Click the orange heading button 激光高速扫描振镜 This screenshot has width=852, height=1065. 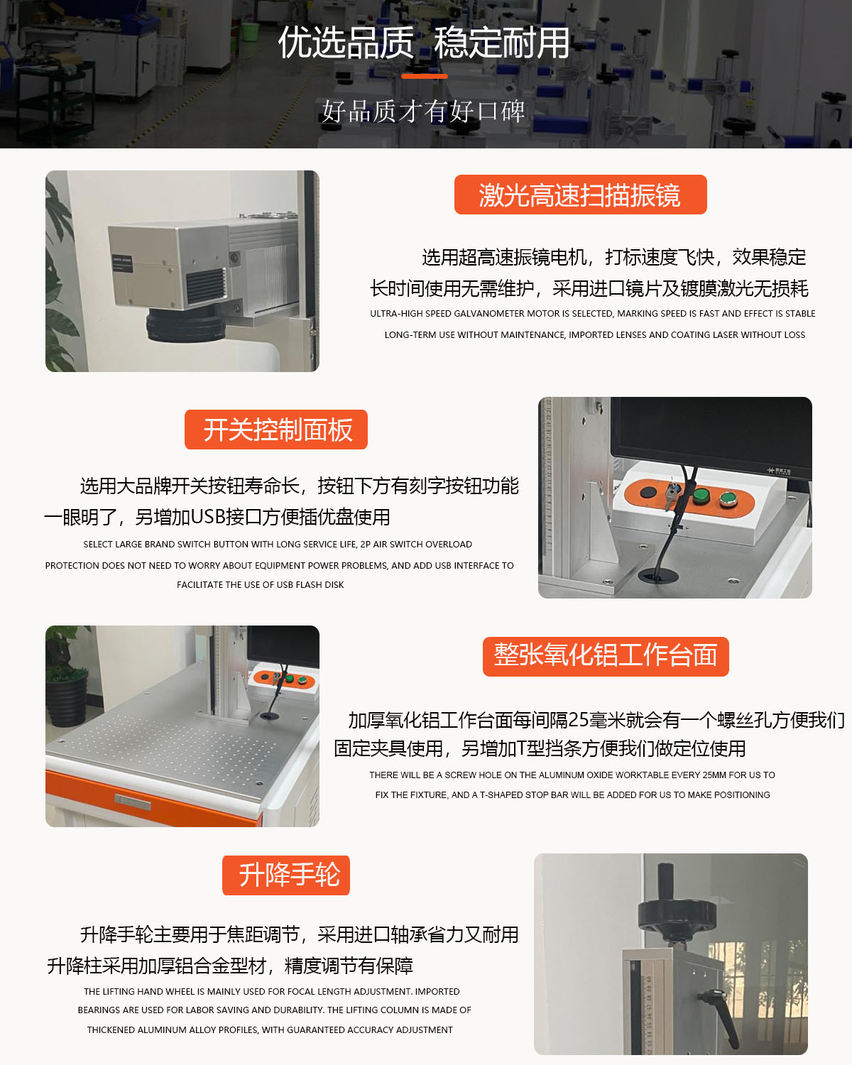(580, 195)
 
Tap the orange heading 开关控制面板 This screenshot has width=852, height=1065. (275, 430)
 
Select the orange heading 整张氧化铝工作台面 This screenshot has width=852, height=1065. (606, 656)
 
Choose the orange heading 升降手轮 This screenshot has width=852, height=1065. (285, 875)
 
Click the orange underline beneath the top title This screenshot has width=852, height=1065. (425, 76)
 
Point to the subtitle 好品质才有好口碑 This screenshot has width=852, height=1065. (424, 111)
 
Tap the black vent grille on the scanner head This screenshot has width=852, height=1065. (205, 287)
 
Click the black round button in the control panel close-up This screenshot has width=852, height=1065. (648, 493)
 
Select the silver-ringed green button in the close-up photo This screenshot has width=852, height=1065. (728, 499)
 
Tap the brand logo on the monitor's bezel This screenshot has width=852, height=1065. (779, 470)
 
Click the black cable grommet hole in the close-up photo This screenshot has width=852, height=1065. (657, 575)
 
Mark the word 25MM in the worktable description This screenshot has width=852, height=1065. (714, 775)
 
